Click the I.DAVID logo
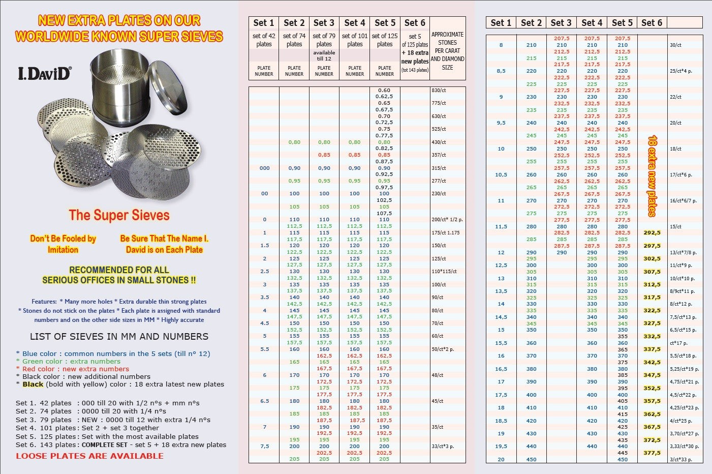click(44, 73)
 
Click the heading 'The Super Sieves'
click(119, 215)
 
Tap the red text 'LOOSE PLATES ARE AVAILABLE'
click(89, 456)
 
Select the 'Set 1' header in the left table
click(264, 23)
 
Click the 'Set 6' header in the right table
click(652, 23)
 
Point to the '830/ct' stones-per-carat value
click(439, 90)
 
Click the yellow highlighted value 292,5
click(652, 233)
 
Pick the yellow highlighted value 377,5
click(652, 453)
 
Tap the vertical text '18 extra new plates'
click(652, 175)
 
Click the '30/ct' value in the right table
click(675, 45)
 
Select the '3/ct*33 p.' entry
click(681, 459)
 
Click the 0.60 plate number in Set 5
click(384, 90)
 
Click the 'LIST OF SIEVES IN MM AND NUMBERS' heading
click(119, 337)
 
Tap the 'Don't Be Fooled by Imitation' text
click(63, 244)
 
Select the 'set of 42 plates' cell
click(264, 40)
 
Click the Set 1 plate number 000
click(265, 168)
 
